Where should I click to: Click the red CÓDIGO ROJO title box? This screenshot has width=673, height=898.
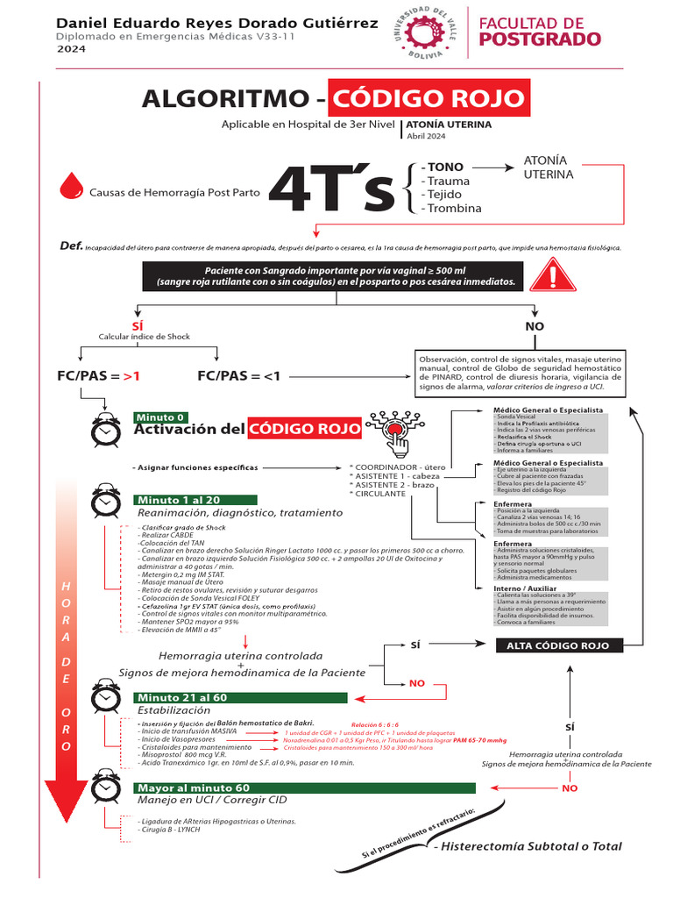tap(429, 97)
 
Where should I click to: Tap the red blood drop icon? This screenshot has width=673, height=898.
tap(71, 187)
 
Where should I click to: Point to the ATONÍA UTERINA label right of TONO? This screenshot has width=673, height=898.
tap(549, 167)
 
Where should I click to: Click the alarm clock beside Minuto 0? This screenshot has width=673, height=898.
tap(106, 429)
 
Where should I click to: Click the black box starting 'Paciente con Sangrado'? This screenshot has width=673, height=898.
tap(336, 276)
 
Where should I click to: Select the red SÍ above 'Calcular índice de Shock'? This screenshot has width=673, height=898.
tap(137, 324)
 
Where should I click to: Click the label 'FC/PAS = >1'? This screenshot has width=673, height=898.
tap(99, 376)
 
